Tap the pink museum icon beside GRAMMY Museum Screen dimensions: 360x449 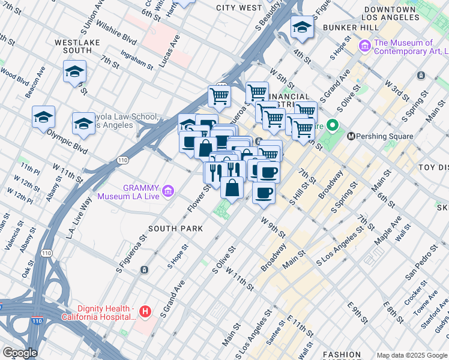pyautogui.click(x=169, y=191)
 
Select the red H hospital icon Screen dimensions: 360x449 pyautogui.click(x=145, y=311)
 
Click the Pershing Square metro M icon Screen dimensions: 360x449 pyautogui.click(x=351, y=136)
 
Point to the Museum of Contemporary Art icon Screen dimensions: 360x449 pyautogui.click(x=364, y=46)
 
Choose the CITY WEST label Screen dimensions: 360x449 pyautogui.click(x=239, y=8)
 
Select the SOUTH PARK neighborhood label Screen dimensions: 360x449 pyautogui.click(x=175, y=229)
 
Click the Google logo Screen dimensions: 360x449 pyautogui.click(x=20, y=353)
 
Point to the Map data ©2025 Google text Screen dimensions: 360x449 pyautogui.click(x=411, y=355)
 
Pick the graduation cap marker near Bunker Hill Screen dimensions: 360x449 pyautogui.click(x=302, y=28)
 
